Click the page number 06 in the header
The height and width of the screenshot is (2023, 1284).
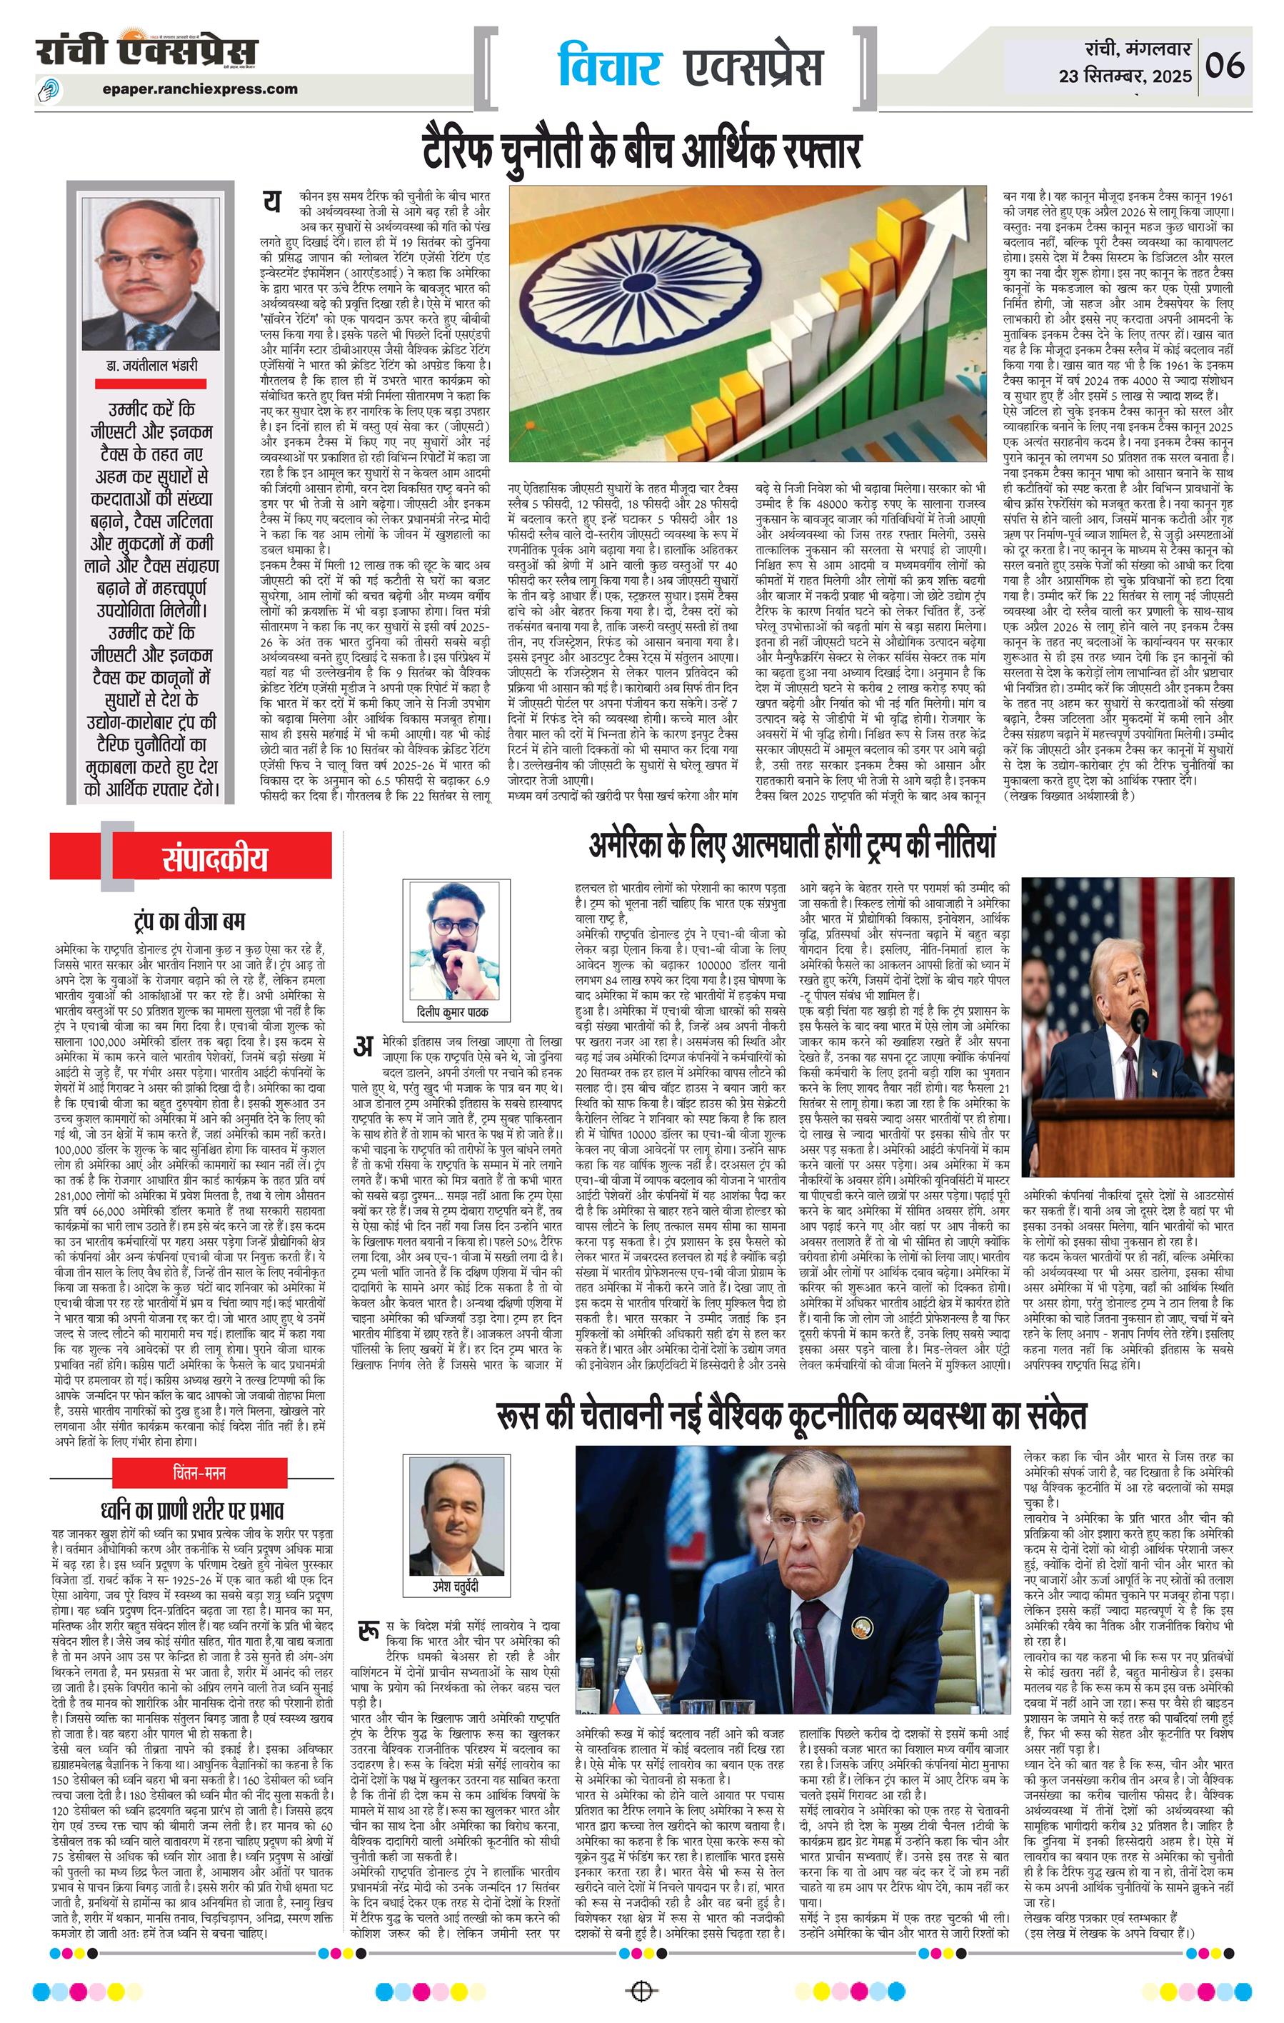(x=1225, y=64)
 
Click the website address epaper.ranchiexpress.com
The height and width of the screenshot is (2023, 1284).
(x=201, y=88)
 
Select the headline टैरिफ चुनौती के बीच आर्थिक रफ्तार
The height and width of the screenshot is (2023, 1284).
(x=643, y=152)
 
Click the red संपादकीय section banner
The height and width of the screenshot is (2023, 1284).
(x=215, y=859)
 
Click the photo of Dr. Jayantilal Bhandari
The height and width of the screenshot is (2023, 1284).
(x=149, y=274)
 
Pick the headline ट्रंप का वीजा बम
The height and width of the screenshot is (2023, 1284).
(x=190, y=921)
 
